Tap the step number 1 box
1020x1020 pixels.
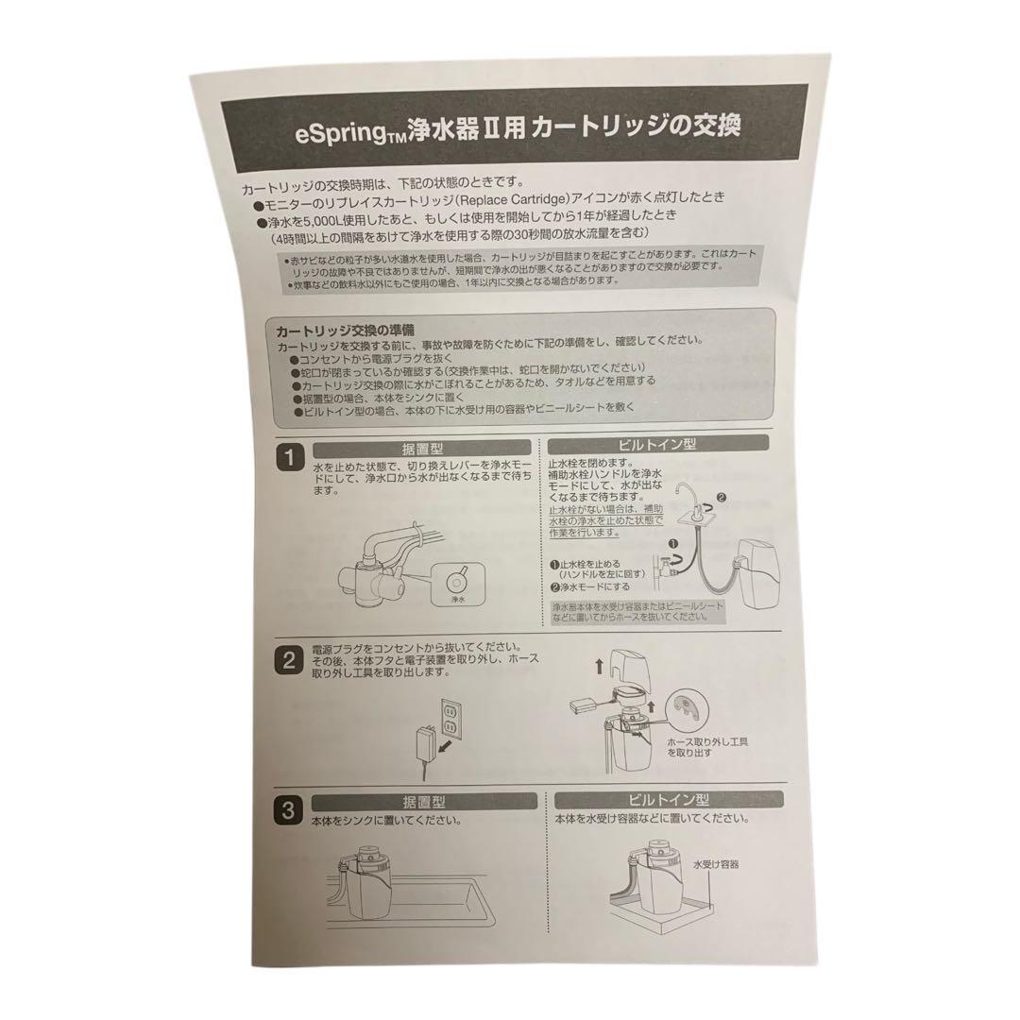pos(287,458)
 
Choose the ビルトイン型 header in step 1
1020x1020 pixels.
pos(659,443)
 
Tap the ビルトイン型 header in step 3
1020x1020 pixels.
pos(670,799)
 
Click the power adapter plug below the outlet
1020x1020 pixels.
pos(426,742)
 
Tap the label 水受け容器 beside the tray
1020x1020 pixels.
pos(715,863)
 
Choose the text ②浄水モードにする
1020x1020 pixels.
pos(596,586)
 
